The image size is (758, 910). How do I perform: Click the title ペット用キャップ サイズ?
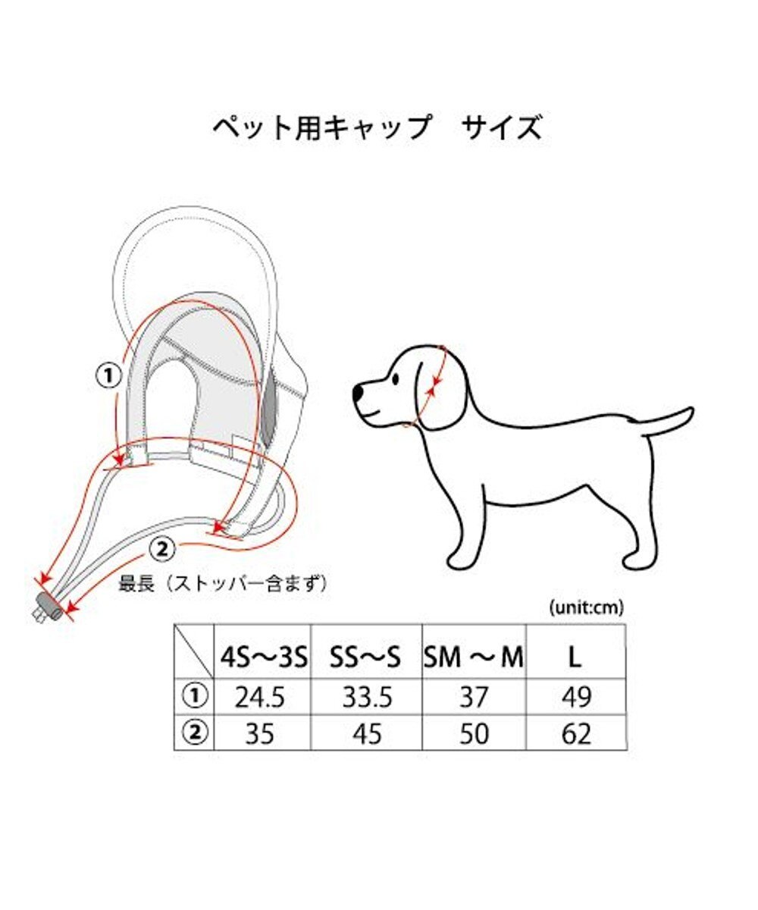tap(377, 128)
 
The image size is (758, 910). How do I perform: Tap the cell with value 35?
tap(259, 734)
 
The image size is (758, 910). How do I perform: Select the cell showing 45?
tap(366, 734)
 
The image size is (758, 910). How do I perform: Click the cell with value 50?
tap(474, 734)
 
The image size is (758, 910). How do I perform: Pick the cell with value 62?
tap(575, 734)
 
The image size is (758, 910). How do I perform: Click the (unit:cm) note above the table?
tap(584, 606)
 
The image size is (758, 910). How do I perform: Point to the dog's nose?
tap(359, 392)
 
